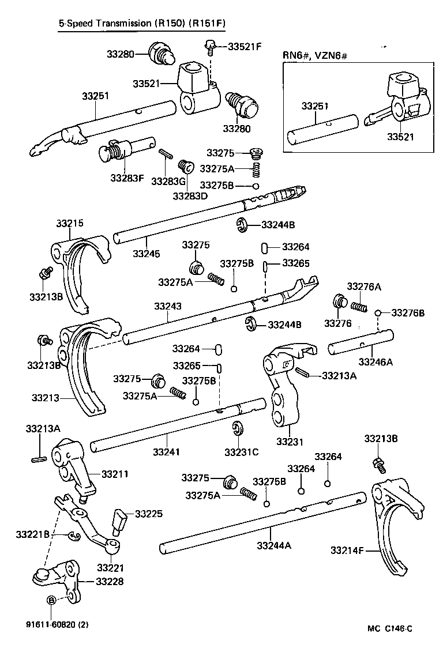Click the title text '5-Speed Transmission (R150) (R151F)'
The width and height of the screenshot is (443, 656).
coord(141,24)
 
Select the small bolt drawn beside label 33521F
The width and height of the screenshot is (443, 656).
coord(209,43)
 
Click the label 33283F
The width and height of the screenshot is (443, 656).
coord(127,178)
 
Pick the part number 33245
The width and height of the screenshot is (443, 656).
coord(147,253)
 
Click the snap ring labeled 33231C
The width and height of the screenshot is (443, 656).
coord(237,429)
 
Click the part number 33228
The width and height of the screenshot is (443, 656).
coord(109,582)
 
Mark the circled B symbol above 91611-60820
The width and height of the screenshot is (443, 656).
coord(51,600)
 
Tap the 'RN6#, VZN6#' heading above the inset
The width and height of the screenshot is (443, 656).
coord(315,55)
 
